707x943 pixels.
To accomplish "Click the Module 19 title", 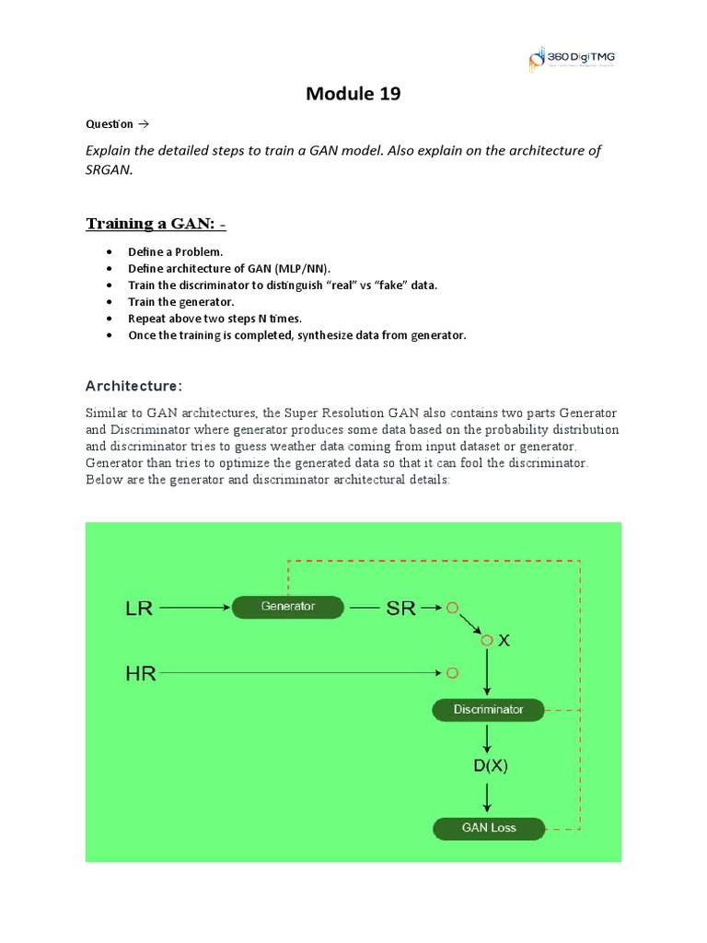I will coord(353,94).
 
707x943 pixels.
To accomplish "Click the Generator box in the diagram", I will coord(287,607).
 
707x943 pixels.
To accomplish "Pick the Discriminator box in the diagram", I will coord(488,710).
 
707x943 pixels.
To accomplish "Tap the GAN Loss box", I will coord(488,828).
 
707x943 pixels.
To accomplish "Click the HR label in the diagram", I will coord(140,674).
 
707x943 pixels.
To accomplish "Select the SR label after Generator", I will coord(400,608).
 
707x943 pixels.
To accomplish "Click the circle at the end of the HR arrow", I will coord(451,673).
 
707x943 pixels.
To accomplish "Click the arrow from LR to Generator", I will coord(195,608).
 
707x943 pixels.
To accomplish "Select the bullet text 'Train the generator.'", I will coord(181,302).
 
